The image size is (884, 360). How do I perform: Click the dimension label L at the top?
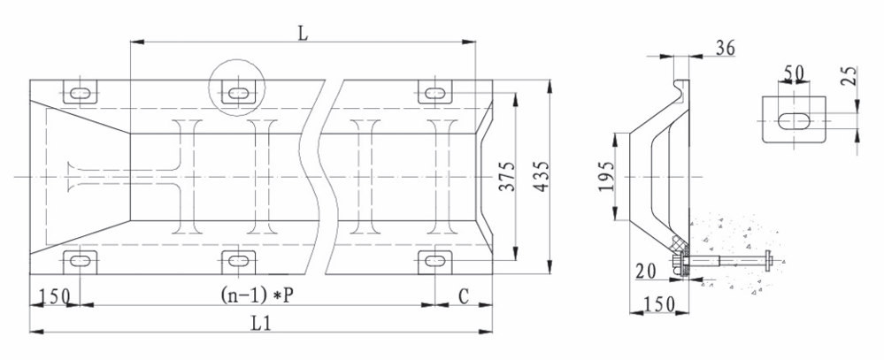[304, 34]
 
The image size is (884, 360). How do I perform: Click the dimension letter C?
[464, 296]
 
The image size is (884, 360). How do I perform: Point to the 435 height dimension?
[542, 176]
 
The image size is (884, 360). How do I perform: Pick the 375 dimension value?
[507, 176]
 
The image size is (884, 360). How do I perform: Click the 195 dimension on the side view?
[607, 176]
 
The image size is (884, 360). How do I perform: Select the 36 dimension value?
[726, 48]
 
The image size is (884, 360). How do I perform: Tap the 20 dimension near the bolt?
[646, 272]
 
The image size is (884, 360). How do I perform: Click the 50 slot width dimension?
[794, 73]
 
